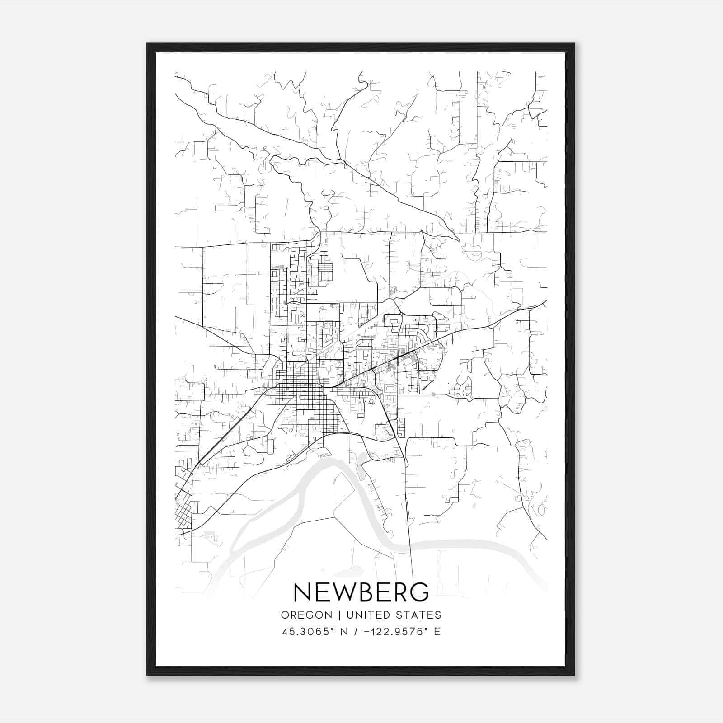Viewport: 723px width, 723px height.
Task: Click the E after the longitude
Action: pos(437,632)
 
